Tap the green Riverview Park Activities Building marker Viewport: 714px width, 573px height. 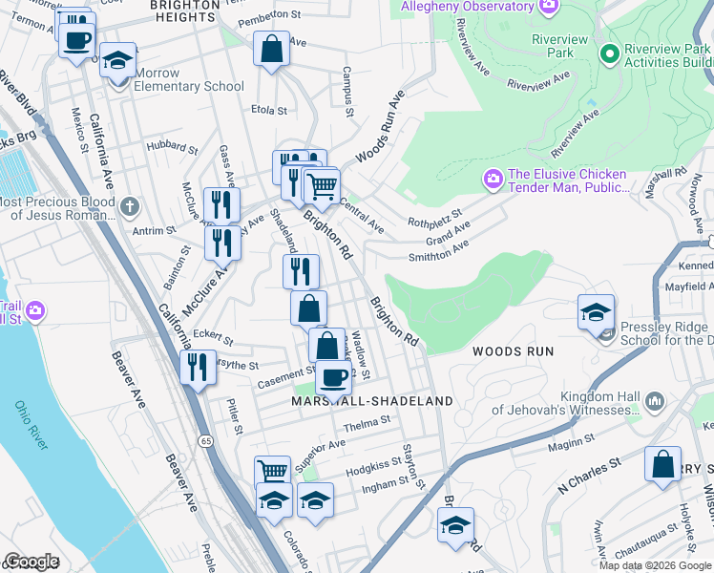pos(610,54)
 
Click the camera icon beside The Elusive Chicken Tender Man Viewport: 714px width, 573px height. pos(493,179)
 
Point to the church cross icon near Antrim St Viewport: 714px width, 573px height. pos(130,205)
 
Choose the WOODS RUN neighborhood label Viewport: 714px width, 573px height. pos(513,351)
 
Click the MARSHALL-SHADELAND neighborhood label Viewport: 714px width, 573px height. pos(371,401)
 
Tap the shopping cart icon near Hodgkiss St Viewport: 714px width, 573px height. pos(273,471)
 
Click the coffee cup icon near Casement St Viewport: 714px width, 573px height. pos(333,378)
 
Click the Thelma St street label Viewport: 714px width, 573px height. pos(367,421)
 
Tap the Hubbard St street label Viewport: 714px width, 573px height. pos(172,148)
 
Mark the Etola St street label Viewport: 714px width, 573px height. pos(268,111)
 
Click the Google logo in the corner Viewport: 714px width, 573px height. pos(31,562)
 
